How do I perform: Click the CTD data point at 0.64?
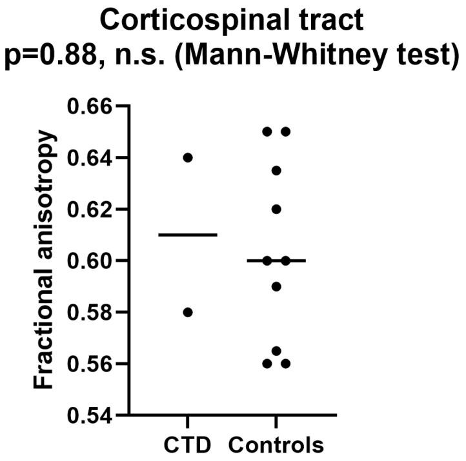188,158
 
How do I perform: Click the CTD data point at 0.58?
188,313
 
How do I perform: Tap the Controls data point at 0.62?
276,210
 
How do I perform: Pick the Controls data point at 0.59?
276,286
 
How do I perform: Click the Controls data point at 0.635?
276,171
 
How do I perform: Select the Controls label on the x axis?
276,446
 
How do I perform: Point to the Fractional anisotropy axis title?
44,261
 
